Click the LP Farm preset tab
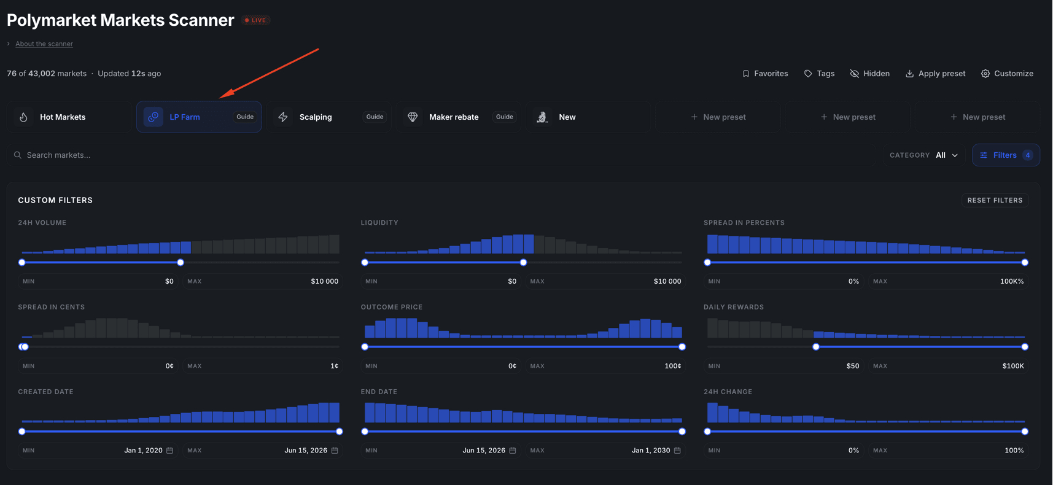[x=198, y=117]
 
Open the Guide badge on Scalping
[x=375, y=117]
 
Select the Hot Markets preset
[x=69, y=117]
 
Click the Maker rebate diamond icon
[x=413, y=117]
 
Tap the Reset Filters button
[x=995, y=200]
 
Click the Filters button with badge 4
[x=1006, y=155]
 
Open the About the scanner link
[x=44, y=44]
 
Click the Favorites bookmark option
[x=765, y=74]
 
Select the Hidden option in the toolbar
[x=869, y=74]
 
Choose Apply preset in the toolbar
[x=935, y=74]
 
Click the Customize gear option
[x=1007, y=74]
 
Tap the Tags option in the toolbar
[x=819, y=74]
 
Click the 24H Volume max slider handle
[x=181, y=263]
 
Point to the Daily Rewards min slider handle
[x=816, y=347]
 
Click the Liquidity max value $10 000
[x=667, y=281]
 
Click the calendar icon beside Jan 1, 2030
[x=677, y=451]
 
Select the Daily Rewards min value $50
[x=853, y=366]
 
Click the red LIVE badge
[x=255, y=20]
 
